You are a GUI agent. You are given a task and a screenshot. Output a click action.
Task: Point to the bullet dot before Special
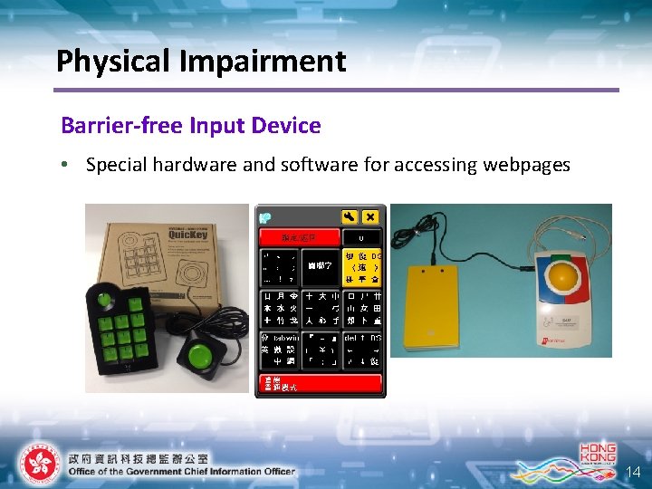[67, 165]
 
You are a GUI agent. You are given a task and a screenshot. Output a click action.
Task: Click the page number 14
[634, 472]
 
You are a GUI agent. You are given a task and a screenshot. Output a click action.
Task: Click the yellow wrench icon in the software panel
[349, 217]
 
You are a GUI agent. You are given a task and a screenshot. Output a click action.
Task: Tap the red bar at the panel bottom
[320, 383]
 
